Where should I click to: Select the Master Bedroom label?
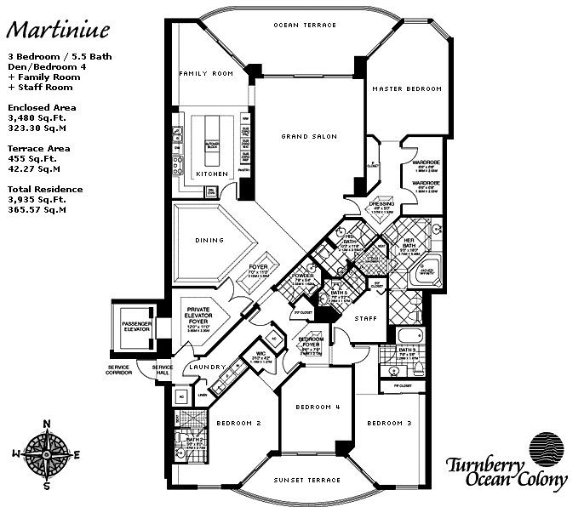(x=407, y=88)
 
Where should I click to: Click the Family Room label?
(x=205, y=74)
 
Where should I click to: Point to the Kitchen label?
(x=211, y=174)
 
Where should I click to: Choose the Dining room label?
(x=209, y=240)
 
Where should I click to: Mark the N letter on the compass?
(x=48, y=424)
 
